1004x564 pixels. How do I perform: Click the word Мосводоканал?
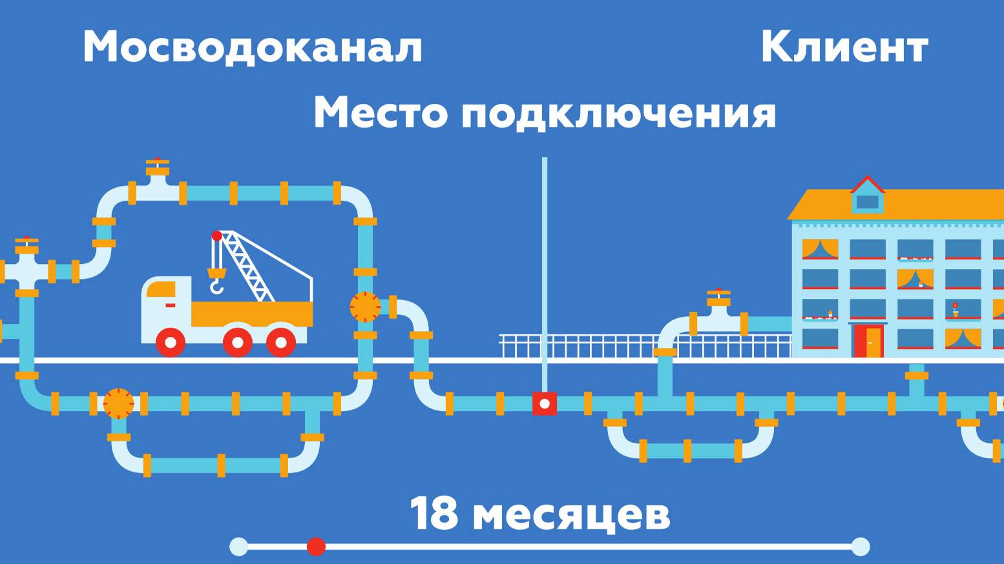pos(252,47)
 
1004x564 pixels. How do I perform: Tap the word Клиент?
pos(844,47)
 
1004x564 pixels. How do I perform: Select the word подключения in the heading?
pos(618,113)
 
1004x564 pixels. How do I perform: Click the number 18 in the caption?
pos(434,514)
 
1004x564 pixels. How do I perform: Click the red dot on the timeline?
pos(316,547)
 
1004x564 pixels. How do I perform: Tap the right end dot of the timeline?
pos(860,547)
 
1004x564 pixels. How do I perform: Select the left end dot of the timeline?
pos(238,547)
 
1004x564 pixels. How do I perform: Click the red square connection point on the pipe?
pos(545,403)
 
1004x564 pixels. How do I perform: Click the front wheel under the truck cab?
pos(171,342)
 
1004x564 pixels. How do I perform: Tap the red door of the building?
pos(868,340)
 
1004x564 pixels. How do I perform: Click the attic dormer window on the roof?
pos(867,201)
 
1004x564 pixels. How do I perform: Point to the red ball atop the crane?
pos(217,236)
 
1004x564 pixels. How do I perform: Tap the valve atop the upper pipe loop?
pos(157,168)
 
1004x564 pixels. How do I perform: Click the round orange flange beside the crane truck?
pos(365,307)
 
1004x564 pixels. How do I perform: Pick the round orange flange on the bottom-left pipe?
pos(118,403)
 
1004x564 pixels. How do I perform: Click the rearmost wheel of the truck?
pos(281,342)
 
